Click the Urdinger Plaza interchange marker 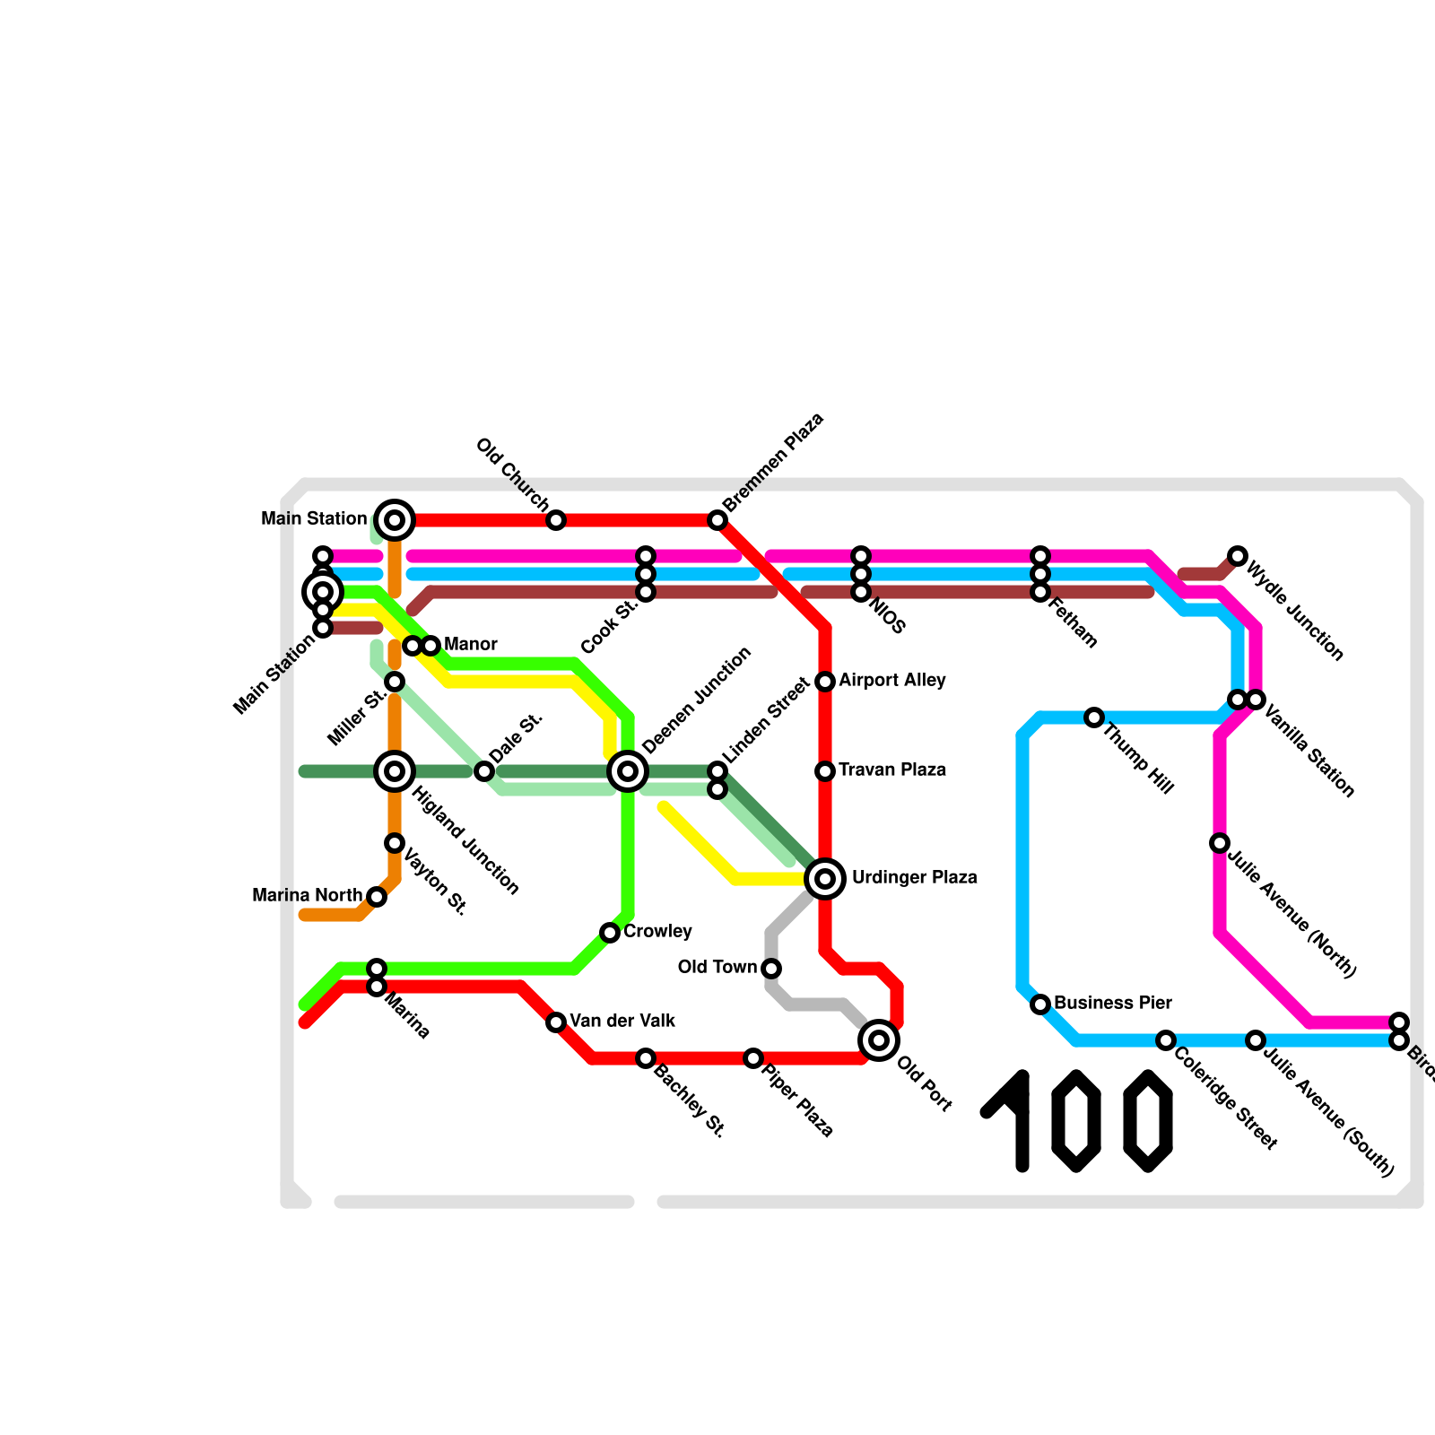(x=825, y=878)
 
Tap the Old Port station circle (x=879, y=1040)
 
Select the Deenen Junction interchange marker (x=628, y=770)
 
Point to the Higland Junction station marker (x=395, y=770)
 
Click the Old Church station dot (x=556, y=520)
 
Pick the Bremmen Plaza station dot (x=717, y=520)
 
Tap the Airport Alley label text (x=891, y=681)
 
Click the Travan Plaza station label (x=891, y=770)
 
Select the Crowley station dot (x=610, y=933)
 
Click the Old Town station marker (x=771, y=969)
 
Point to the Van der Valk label (x=622, y=1022)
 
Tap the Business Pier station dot (x=1040, y=1004)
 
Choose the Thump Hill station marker (x=1094, y=717)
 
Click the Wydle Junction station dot (x=1238, y=556)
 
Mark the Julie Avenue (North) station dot (x=1220, y=843)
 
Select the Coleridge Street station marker (x=1166, y=1040)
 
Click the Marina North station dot (x=377, y=897)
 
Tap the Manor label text (x=470, y=645)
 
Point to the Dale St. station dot (x=484, y=771)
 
